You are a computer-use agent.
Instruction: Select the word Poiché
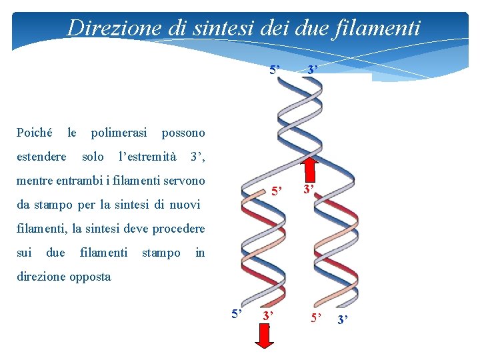pos(34,133)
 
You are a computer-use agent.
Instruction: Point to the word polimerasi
pos(119,133)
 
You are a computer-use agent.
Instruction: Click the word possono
pos(183,133)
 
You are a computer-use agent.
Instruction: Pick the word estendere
pos(41,157)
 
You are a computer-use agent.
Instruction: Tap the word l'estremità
pos(147,157)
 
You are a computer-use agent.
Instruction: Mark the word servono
pos(183,181)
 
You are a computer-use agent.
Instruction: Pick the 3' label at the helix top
pos(312,69)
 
